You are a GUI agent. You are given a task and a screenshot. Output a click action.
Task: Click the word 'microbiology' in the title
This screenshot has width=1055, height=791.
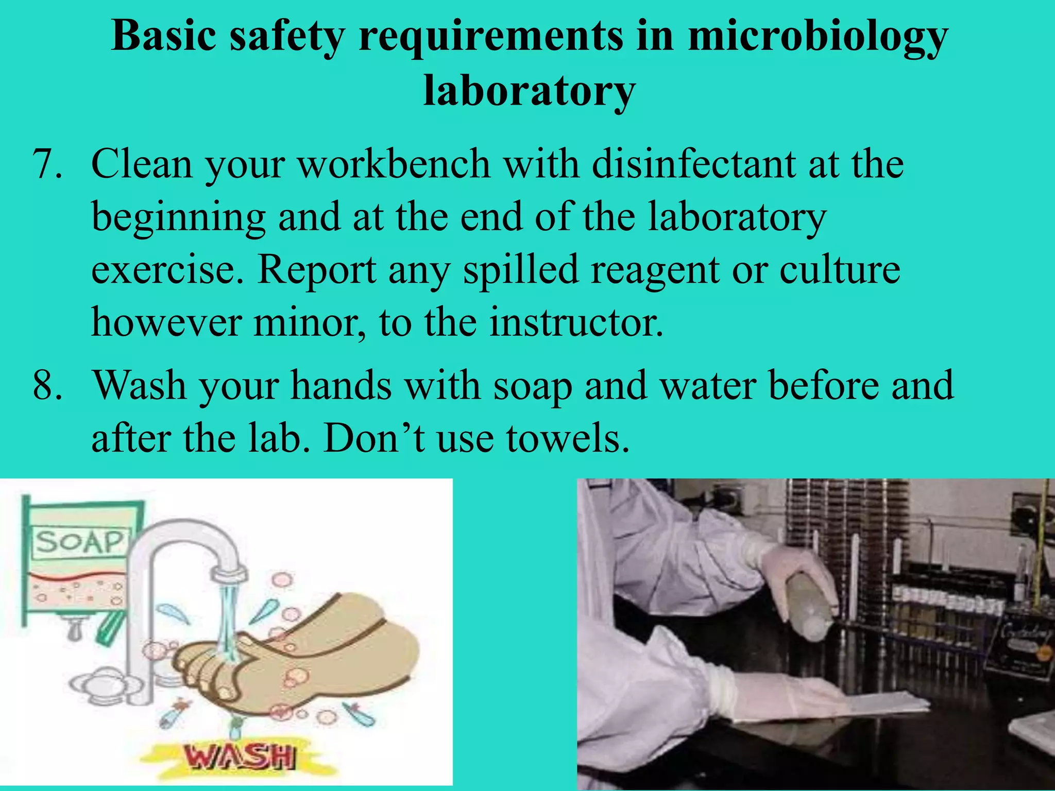tap(818, 37)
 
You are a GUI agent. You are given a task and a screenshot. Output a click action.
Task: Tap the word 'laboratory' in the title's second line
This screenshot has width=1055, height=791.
tap(529, 91)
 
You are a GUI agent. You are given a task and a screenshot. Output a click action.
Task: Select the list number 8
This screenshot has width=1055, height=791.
tap(47, 386)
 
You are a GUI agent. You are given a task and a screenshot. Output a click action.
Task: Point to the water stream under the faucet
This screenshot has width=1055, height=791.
tap(227, 618)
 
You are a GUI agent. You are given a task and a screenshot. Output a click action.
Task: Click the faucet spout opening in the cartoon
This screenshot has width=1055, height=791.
tap(229, 574)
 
